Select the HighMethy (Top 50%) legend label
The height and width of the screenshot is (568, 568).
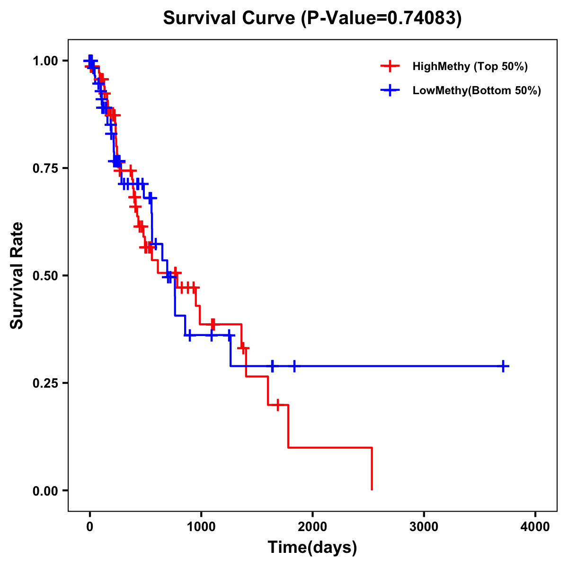(470, 66)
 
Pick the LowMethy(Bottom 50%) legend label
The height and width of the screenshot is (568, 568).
(476, 91)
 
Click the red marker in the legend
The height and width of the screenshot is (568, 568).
(390, 66)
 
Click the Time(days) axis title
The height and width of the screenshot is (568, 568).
(312, 548)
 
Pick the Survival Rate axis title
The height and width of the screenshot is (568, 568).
(17, 275)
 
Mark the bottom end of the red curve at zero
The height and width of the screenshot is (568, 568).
(372, 489)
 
